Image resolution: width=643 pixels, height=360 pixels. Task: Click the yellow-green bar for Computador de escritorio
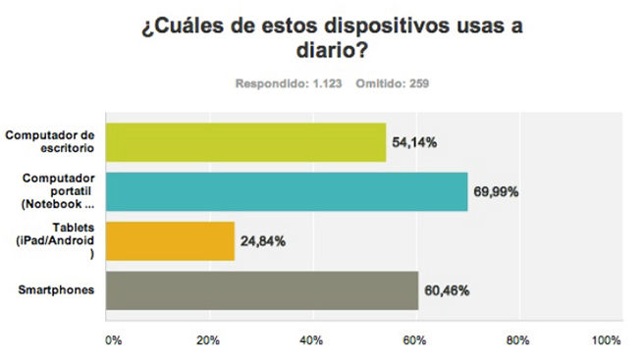245,142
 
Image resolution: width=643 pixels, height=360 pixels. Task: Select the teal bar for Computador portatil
286,191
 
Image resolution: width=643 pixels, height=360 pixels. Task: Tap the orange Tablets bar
169,240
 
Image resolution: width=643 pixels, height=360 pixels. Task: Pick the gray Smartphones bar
261,290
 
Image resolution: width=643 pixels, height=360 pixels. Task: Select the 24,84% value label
262,241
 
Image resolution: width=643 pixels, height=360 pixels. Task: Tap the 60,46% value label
446,291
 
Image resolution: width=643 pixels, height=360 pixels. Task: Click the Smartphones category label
58,290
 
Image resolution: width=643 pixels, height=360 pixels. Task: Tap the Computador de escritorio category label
52,142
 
